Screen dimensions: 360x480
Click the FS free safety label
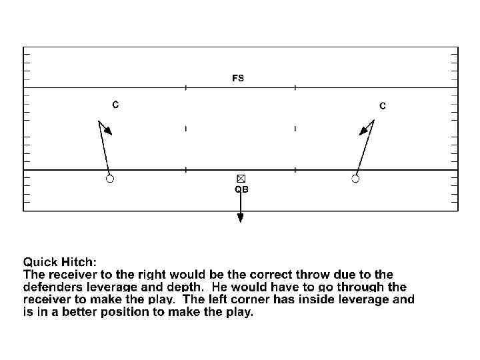[x=238, y=78]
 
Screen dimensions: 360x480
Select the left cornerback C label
[x=115, y=105]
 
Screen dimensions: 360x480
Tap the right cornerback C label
[x=383, y=106]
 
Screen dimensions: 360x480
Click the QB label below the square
[x=241, y=189]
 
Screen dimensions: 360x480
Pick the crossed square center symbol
[x=241, y=178]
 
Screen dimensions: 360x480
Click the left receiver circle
[x=110, y=178]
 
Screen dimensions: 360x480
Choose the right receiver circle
[x=355, y=178]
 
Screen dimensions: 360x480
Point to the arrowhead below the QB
[x=240, y=217]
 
